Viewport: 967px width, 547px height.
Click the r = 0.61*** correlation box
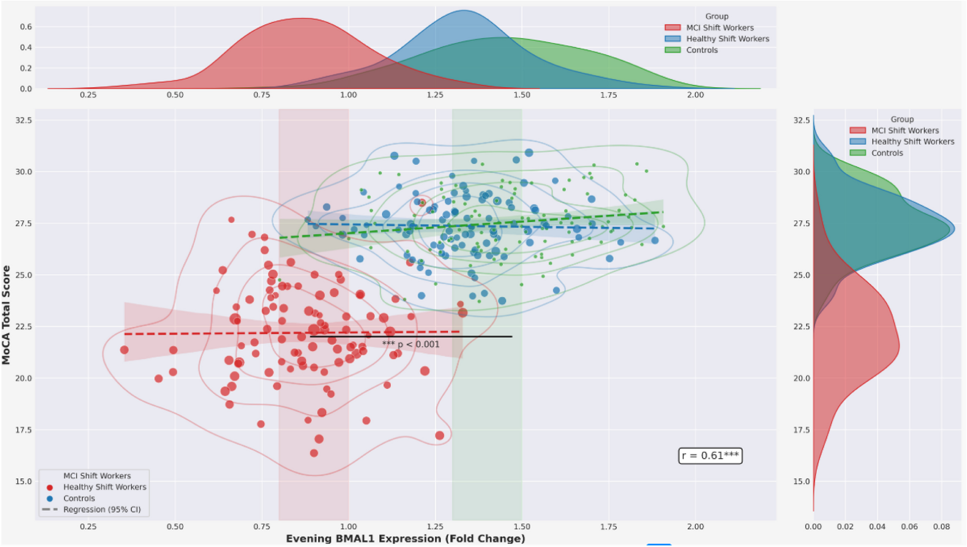click(x=710, y=456)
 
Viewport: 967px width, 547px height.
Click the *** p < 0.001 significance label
click(x=411, y=344)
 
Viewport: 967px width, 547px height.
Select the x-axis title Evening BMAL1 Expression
click(x=405, y=538)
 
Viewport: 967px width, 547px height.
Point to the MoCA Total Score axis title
click(x=6, y=315)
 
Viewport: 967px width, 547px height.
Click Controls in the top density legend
click(x=701, y=50)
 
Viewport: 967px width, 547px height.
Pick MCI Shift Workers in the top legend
click(x=720, y=28)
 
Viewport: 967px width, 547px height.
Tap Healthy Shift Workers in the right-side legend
click(x=912, y=141)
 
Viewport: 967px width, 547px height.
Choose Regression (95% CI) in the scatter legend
click(x=102, y=509)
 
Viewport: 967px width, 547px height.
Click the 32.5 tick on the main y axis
click(x=24, y=120)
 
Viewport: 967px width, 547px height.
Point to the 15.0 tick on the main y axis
click(x=24, y=481)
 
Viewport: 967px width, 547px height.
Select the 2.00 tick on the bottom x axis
click(x=695, y=527)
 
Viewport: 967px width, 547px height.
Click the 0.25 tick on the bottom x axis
click(x=88, y=527)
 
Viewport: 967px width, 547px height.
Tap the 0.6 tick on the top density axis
click(x=26, y=27)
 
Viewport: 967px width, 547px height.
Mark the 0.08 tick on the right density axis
click(x=941, y=527)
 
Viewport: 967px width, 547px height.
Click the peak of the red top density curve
click(x=301, y=19)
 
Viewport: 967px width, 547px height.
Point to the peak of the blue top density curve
click(x=463, y=10)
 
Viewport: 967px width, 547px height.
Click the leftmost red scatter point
click(x=124, y=350)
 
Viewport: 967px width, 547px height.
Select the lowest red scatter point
click(x=314, y=453)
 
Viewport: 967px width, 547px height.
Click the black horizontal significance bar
click(x=411, y=337)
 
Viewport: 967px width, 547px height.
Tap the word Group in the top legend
click(x=716, y=16)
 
